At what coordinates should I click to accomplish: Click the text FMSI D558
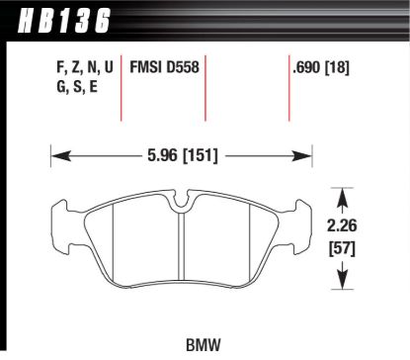point(164,70)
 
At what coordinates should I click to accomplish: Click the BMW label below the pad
point(204,346)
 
